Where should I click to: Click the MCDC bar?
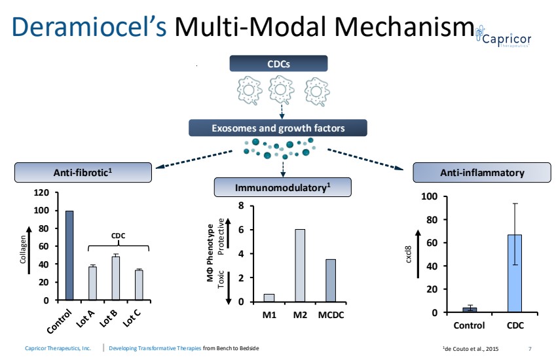[331, 281]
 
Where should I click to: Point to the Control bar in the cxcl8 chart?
[470, 310]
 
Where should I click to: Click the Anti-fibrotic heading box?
[83, 173]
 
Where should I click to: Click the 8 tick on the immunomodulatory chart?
[242, 206]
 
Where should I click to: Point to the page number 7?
[530, 348]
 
